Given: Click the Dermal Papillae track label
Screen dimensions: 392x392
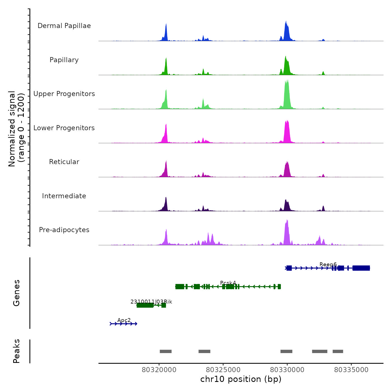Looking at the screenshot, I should pos(64,26).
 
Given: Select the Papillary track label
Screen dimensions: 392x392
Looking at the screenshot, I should pos(64,60).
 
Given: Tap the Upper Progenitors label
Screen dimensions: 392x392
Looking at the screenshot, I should pos(64,94).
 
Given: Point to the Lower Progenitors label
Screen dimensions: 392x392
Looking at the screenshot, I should pos(64,128).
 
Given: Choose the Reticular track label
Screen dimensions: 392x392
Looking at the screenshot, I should pos(64,162).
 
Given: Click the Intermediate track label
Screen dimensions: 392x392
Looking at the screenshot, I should pos(64,196).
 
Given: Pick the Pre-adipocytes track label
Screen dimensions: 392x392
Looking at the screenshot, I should pos(64,230).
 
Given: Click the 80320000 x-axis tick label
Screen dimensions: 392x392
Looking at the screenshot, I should pos(159,370).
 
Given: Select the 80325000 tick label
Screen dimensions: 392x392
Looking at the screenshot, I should pos(223,370).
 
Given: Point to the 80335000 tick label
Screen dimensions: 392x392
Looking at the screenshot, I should pos(351,370).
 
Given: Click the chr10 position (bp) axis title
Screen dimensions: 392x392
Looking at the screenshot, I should pos(241,379).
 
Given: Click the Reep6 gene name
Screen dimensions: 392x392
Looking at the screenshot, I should pos(328,265).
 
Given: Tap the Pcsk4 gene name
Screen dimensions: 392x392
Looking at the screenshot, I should pos(228,283).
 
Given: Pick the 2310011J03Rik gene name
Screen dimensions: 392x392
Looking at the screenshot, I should pos(151,302).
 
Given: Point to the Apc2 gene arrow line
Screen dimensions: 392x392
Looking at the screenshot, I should pos(123,324).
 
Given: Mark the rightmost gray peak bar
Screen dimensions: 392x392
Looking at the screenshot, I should pos(338,351).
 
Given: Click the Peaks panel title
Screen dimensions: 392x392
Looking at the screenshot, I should pos(17,351).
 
